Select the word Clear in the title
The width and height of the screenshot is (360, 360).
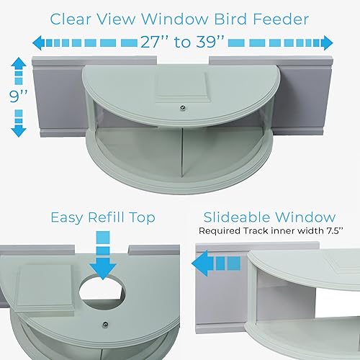[x=75, y=17]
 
